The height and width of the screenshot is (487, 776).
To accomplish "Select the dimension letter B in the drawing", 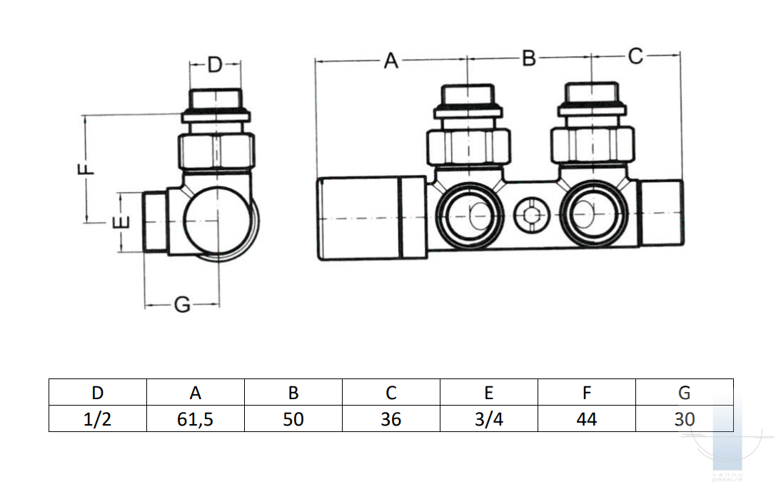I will point(528,58).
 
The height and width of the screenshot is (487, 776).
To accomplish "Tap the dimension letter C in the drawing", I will point(635,56).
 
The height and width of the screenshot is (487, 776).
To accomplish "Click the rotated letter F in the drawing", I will point(85,169).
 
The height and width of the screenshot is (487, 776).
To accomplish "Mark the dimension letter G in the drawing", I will point(183,306).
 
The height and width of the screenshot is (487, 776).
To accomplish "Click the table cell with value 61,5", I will point(195,418).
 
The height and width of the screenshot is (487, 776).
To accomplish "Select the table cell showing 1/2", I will point(98,418).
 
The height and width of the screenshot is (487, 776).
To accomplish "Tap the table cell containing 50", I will point(293,418).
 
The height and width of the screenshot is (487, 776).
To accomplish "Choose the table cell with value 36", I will point(390,418).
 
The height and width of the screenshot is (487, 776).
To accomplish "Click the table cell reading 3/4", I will point(488,418).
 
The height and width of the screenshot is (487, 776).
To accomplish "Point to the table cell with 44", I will point(586,418).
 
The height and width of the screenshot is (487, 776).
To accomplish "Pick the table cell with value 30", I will point(684,418).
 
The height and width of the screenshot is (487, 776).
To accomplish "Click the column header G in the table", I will point(684,392).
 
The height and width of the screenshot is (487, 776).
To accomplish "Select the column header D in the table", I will point(98,392).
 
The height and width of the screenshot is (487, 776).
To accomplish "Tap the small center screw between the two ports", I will point(529,214).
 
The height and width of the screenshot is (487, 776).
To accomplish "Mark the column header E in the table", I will point(488,392).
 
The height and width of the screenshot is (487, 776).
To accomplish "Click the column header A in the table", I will point(195,392).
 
